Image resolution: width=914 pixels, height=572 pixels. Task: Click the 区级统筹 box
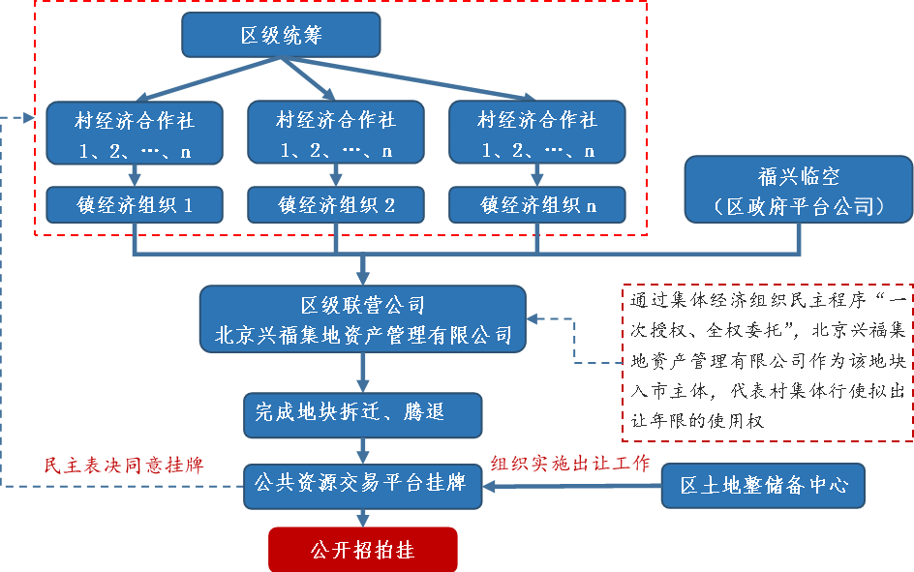click(281, 37)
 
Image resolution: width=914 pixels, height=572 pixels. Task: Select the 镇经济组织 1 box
click(135, 205)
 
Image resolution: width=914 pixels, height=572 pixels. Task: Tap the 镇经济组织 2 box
click(336, 205)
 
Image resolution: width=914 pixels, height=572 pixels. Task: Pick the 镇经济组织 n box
click(537, 205)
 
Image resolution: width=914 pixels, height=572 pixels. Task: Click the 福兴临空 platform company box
click(799, 191)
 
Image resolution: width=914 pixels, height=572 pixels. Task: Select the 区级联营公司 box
click(363, 320)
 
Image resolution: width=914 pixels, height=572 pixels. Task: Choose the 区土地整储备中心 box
click(763, 485)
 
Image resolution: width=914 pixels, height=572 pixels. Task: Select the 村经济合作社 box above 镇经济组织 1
click(135, 135)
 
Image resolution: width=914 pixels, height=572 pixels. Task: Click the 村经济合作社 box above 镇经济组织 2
click(336, 135)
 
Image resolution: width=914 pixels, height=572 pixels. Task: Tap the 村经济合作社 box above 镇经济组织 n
click(537, 135)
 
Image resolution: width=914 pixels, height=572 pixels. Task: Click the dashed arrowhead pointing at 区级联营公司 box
click(534, 318)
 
